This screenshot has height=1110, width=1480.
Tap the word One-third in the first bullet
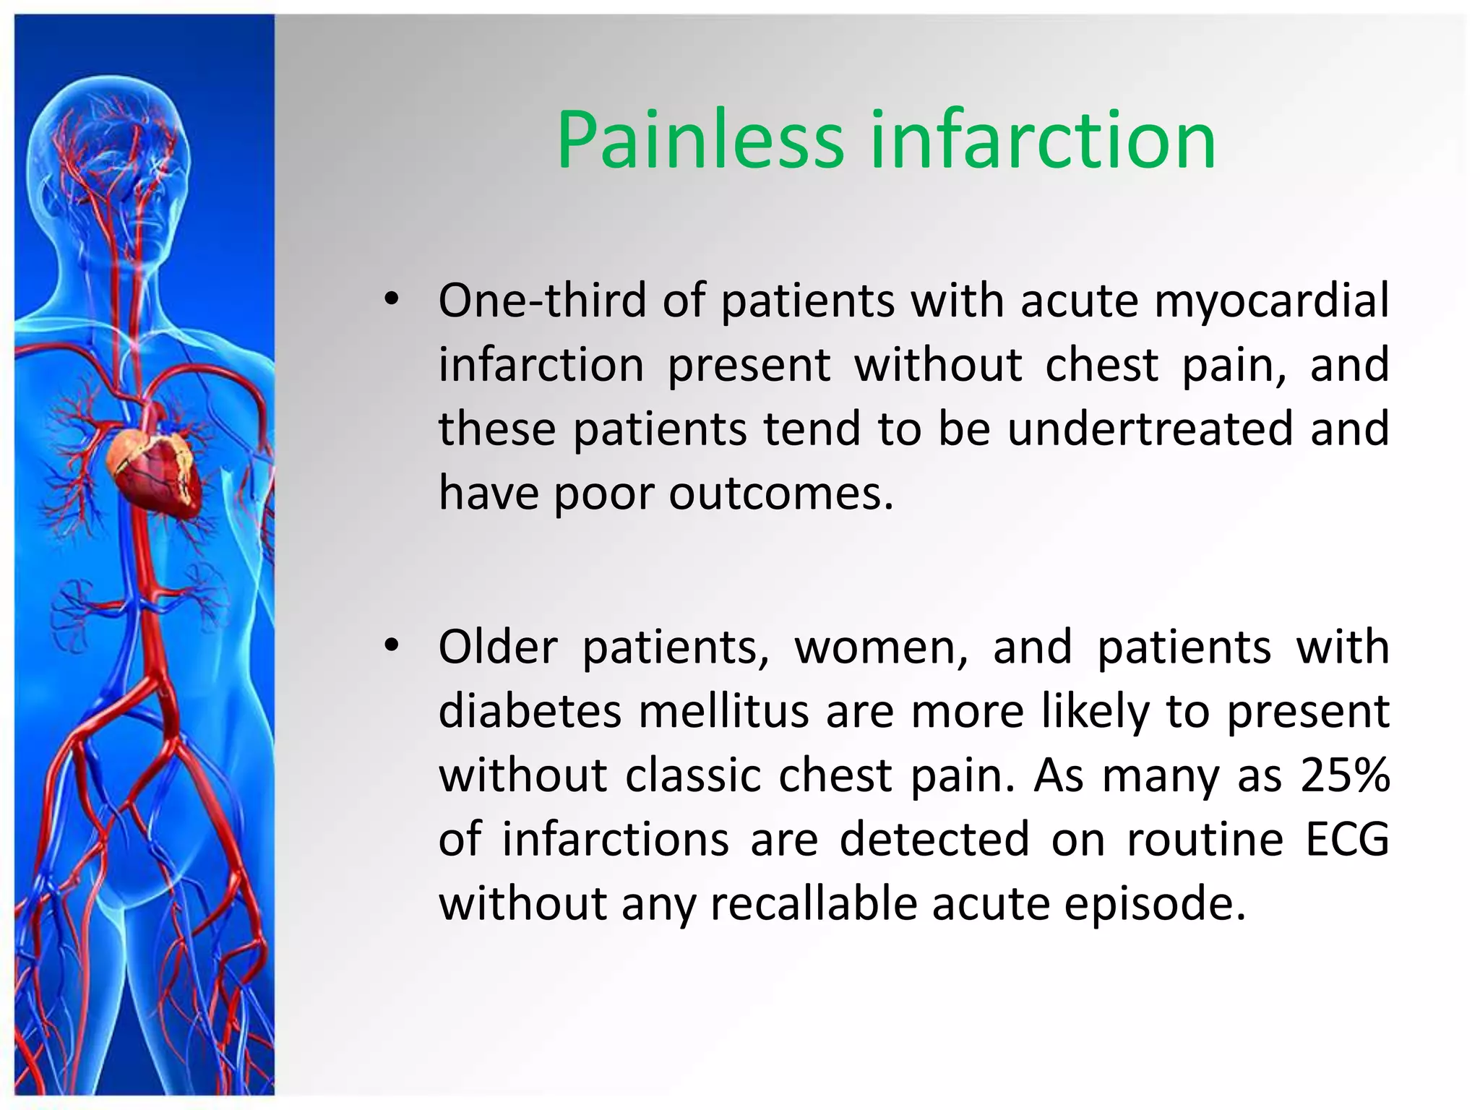pyautogui.click(x=542, y=301)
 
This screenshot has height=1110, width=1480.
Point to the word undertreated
pyautogui.click(x=1150, y=429)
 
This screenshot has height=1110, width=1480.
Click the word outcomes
pyautogui.click(x=781, y=494)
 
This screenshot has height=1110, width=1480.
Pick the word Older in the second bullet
pyautogui.click(x=498, y=647)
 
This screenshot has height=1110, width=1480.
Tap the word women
pyautogui.click(x=881, y=647)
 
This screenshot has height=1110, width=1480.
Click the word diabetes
pyautogui.click(x=530, y=711)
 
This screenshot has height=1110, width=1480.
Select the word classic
pyautogui.click(x=693, y=775)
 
